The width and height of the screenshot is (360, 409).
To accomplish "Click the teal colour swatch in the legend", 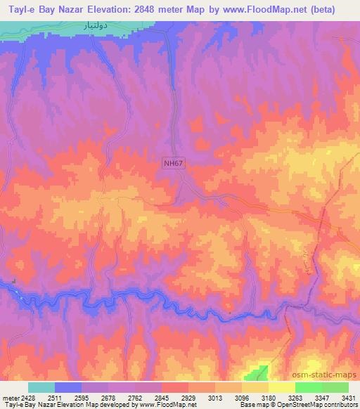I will (x=41, y=387).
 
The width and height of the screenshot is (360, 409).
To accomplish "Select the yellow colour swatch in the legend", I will (x=282, y=387).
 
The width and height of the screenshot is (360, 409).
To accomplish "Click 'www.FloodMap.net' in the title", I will (x=257, y=10).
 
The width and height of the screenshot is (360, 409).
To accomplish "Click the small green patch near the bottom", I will (x=261, y=372).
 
